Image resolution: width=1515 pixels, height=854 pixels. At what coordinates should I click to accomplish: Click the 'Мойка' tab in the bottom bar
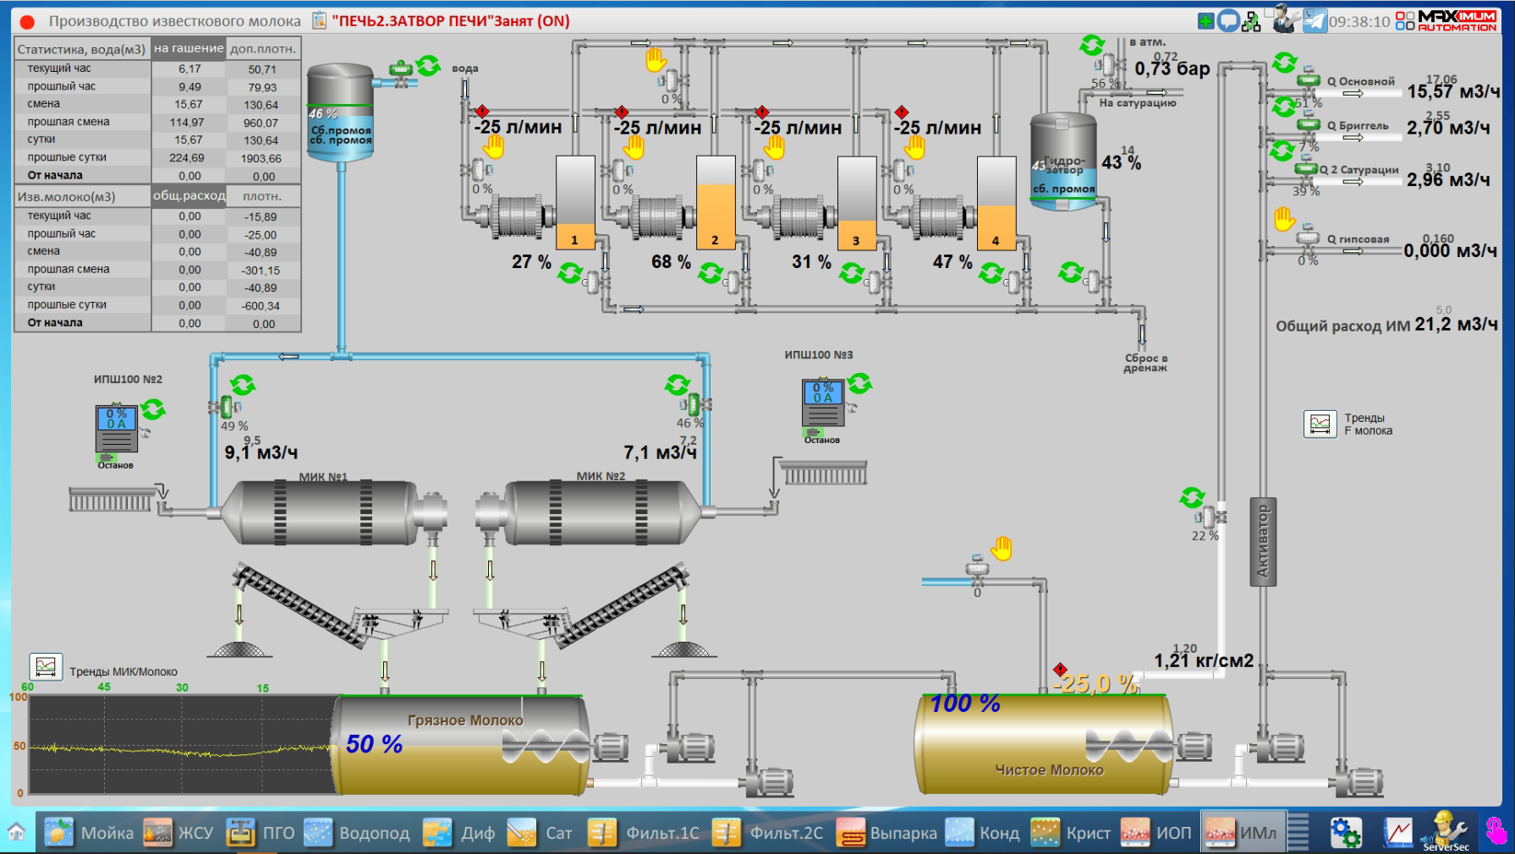[x=89, y=833]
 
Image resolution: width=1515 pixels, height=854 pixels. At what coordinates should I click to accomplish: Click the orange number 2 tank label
[x=715, y=240]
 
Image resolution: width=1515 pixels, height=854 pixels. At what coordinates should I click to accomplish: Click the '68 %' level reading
[x=671, y=262]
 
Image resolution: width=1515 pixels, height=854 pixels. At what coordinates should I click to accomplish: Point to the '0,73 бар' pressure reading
[x=1172, y=69]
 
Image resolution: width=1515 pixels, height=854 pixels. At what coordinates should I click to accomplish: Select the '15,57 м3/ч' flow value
[x=1452, y=91]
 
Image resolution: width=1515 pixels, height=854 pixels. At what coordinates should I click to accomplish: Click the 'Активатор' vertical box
[x=1263, y=541]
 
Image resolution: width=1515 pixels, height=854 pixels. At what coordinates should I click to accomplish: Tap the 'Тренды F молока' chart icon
[x=1320, y=424]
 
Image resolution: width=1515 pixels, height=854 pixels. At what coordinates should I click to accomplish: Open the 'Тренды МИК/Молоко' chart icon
[x=46, y=667]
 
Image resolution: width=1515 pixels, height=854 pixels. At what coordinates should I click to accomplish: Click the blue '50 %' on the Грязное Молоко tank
[x=374, y=744]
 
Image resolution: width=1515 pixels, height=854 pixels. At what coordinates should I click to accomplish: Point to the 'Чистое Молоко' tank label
[x=1049, y=770]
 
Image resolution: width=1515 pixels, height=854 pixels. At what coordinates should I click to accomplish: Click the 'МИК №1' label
[x=323, y=477]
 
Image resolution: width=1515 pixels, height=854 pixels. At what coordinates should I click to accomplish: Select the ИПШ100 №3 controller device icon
[x=822, y=403]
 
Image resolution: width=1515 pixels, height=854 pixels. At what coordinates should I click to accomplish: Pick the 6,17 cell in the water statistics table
[x=189, y=69]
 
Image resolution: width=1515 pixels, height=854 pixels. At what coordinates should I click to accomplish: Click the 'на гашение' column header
[x=189, y=48]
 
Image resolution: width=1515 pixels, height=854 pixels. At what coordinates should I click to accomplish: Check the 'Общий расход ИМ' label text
[x=1342, y=326]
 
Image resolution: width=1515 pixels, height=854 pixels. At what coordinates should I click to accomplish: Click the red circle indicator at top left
[x=27, y=22]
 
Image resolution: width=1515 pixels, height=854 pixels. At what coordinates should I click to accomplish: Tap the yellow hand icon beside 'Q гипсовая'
[x=1284, y=220]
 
